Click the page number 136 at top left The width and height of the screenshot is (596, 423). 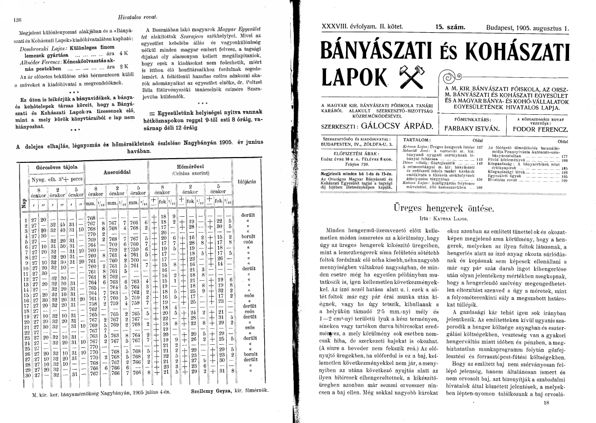[x=16, y=20]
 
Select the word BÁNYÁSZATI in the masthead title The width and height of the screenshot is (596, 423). [x=372, y=52]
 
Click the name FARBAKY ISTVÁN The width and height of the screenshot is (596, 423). [x=473, y=127]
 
